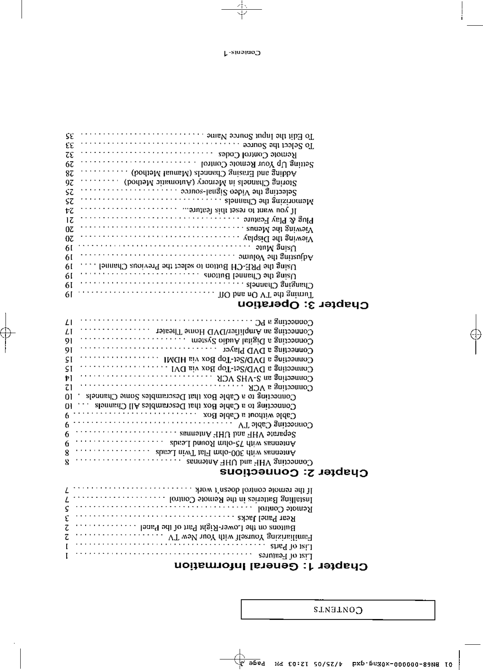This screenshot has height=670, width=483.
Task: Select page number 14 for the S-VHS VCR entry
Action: pos(69,378)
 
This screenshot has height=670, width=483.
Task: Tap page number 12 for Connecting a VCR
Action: pos(69,387)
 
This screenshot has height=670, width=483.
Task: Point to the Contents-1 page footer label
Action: pos(242,53)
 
